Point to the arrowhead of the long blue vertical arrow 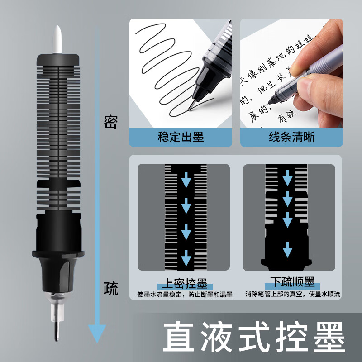96,335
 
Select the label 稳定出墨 181,137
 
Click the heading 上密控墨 185,284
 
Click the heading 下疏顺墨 292,283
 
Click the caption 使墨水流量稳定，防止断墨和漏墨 185,295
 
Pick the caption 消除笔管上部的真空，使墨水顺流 292,294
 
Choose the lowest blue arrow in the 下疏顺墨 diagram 287,249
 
